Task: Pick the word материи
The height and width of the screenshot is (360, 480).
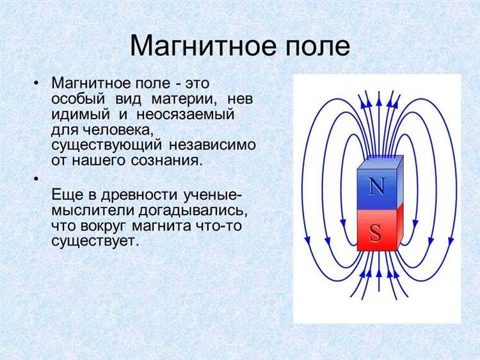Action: tap(185, 99)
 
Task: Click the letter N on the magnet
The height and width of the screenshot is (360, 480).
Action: tap(376, 187)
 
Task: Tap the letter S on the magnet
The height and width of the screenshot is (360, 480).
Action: tap(376, 233)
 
